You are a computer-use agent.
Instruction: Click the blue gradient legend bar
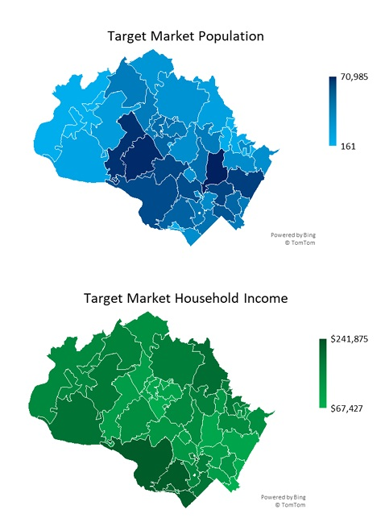click(x=332, y=112)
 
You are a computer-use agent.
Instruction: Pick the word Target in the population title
click(x=126, y=36)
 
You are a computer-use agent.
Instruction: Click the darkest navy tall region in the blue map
click(x=215, y=169)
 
